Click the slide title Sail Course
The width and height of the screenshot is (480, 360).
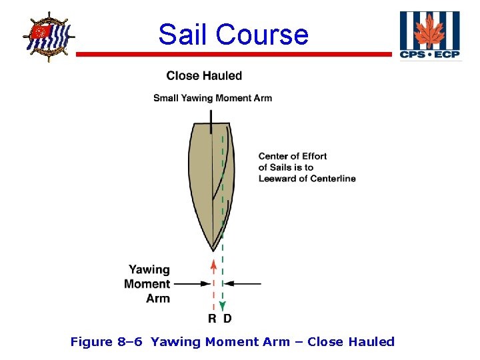click(x=233, y=34)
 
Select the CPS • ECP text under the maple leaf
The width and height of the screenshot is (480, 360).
click(x=429, y=54)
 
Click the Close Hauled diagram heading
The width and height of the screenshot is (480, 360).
click(x=204, y=76)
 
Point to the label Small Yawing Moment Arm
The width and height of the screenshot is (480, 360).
click(x=213, y=98)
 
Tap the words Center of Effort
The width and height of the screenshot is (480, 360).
click(x=293, y=156)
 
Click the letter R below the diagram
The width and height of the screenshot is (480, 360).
click(x=212, y=319)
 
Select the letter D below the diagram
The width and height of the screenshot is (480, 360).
click(x=227, y=319)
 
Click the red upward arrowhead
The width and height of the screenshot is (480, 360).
click(x=213, y=264)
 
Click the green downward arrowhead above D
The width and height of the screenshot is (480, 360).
click(x=223, y=307)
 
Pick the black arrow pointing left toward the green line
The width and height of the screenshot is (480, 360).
click(x=243, y=283)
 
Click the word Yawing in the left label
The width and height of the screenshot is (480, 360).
click(x=149, y=269)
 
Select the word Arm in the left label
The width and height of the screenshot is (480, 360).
click(x=158, y=298)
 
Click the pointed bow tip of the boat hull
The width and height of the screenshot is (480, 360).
click(x=213, y=249)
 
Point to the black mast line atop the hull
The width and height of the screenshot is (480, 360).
click(x=211, y=120)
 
